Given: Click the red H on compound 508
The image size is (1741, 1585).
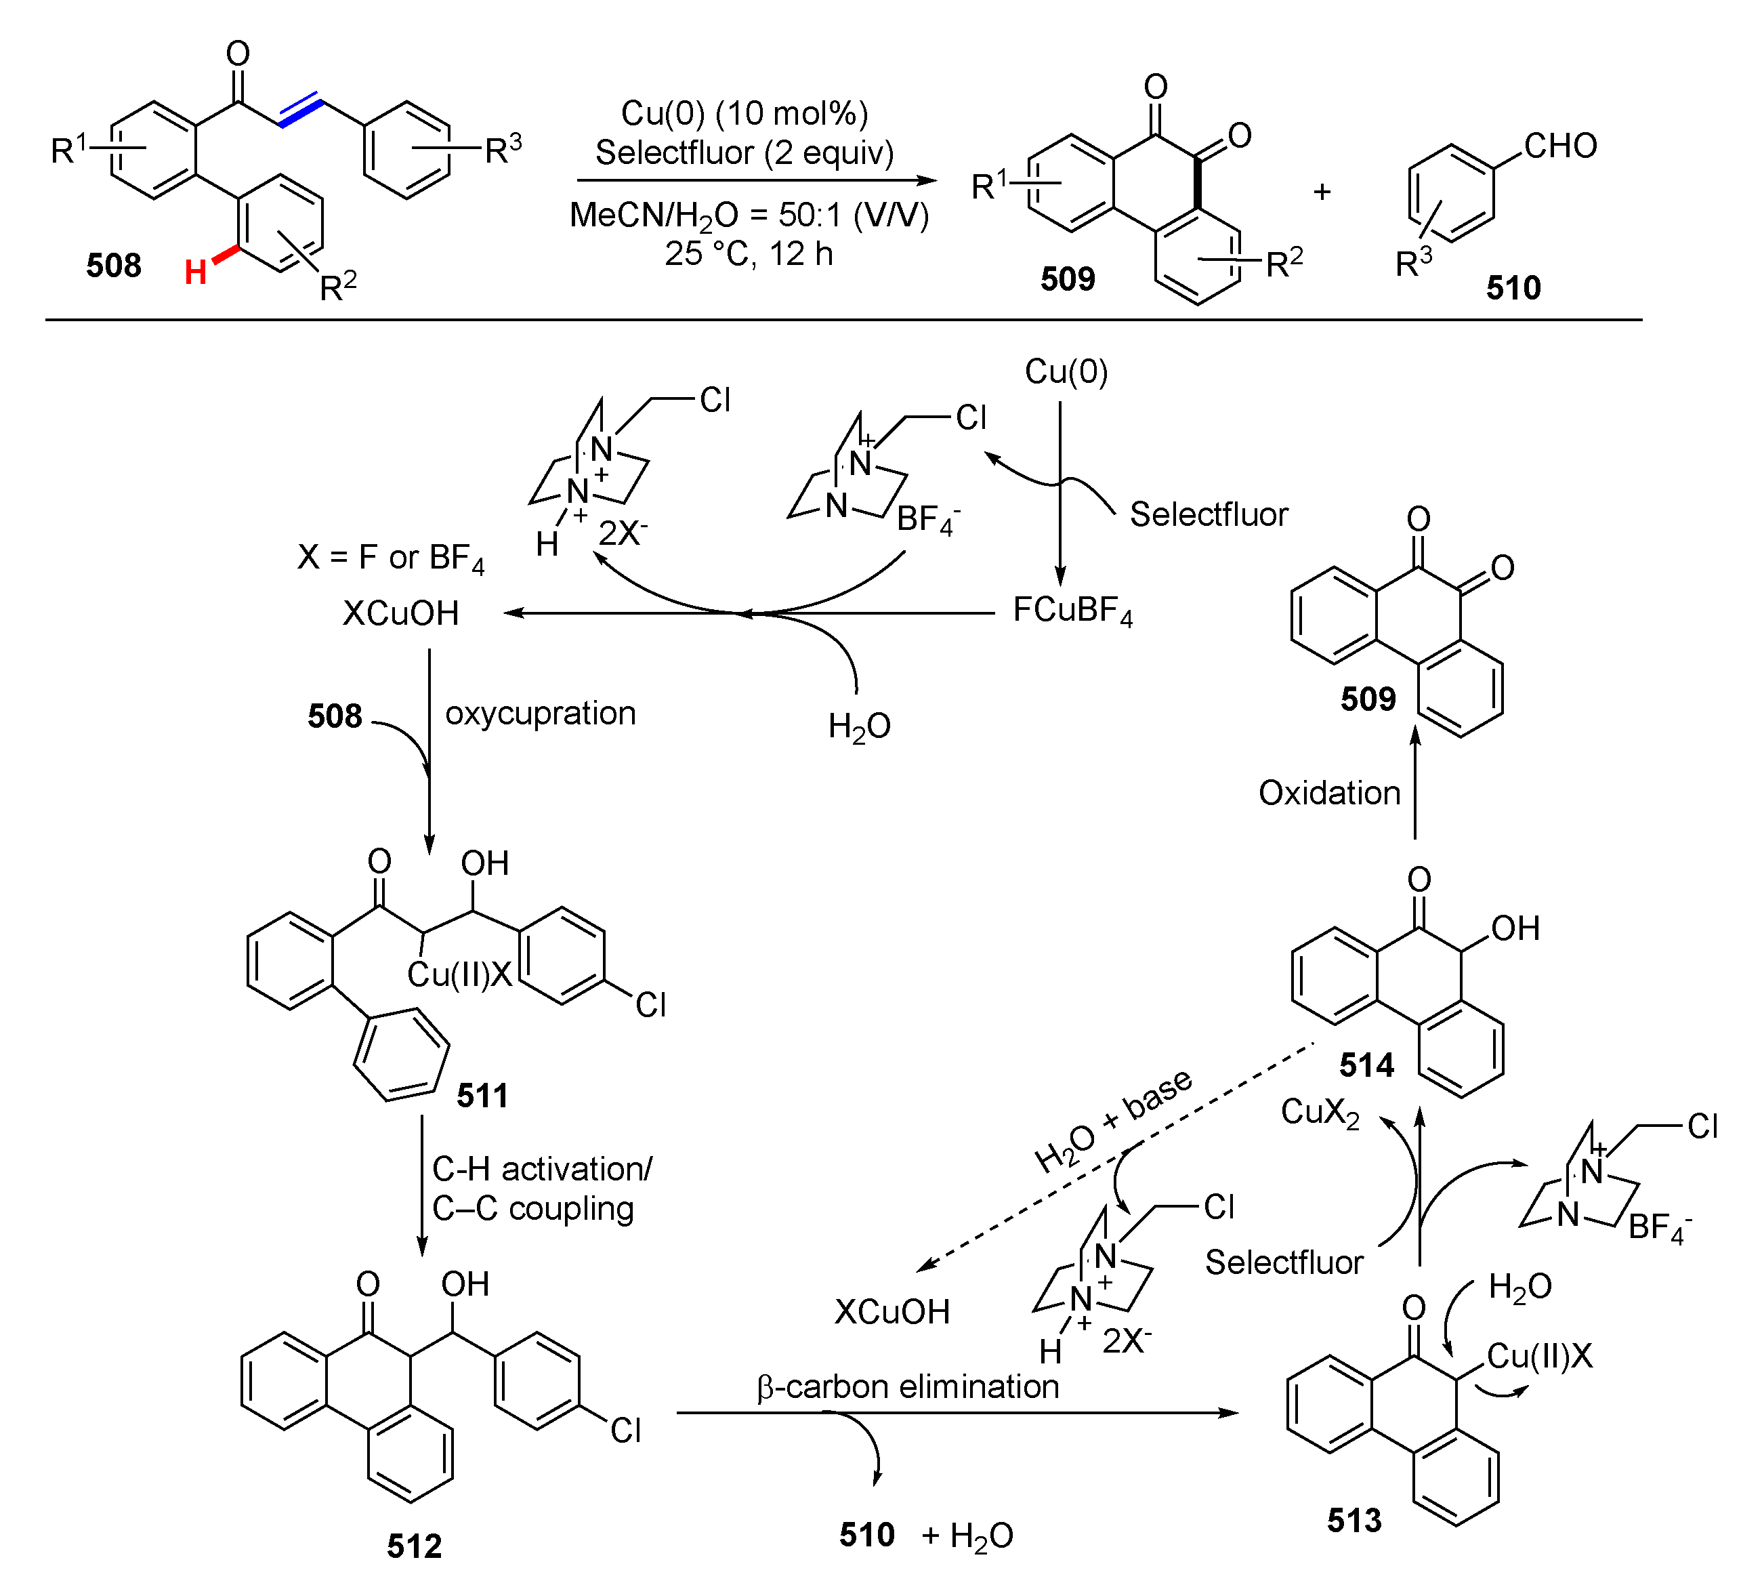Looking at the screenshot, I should tap(195, 272).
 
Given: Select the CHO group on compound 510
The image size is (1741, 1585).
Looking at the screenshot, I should tap(1559, 145).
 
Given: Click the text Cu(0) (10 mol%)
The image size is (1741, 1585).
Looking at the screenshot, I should tap(744, 113).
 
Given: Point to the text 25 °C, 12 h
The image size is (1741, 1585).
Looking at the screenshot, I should tap(748, 254).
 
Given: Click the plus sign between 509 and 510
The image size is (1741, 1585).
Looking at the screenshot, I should tap(1321, 192).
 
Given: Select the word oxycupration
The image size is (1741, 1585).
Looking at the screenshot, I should tap(541, 714).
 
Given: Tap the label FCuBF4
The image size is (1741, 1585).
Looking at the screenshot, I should tap(1072, 611).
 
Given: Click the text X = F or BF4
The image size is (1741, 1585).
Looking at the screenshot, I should tap(390, 558).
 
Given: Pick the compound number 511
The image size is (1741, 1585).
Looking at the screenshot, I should tap(482, 1096).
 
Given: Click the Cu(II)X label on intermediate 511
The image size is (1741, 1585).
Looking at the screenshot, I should tap(459, 974).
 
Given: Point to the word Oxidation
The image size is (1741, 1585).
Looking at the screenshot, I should tap(1329, 793).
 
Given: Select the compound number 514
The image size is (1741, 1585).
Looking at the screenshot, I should tap(1366, 1065).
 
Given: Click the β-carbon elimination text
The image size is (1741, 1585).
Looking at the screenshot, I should tap(908, 1387).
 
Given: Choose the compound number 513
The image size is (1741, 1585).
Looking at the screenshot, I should tap(1354, 1520).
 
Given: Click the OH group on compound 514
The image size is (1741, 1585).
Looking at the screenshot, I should tap(1515, 928).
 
